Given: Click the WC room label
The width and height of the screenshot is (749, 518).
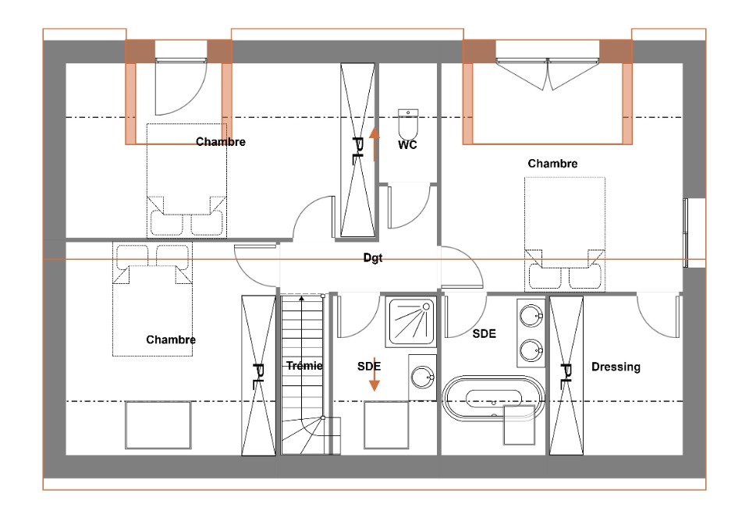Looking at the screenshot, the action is click(x=407, y=144).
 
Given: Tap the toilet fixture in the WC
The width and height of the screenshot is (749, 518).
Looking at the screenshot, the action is click(x=408, y=124).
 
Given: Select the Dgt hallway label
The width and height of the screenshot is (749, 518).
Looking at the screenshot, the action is click(x=373, y=257).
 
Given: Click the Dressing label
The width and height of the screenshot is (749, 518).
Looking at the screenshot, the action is click(x=616, y=367).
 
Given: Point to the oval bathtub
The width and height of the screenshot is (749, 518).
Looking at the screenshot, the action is click(x=493, y=398).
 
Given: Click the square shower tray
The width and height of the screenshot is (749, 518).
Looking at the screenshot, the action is click(x=411, y=321).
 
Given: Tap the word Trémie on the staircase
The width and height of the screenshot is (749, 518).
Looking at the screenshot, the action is click(x=304, y=366).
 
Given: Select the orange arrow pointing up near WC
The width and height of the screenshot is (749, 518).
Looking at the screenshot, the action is click(x=374, y=144).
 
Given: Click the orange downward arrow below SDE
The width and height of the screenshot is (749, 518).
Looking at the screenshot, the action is click(x=374, y=374).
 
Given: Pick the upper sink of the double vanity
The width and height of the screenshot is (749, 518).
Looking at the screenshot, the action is click(x=531, y=316).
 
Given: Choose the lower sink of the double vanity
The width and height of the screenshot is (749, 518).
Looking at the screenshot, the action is click(x=531, y=351).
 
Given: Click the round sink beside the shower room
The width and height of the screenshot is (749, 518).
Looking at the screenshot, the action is click(x=422, y=377).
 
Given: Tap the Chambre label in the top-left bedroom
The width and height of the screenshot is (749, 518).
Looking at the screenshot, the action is click(x=221, y=142).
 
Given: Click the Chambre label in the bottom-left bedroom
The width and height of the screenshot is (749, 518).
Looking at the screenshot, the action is click(x=171, y=339).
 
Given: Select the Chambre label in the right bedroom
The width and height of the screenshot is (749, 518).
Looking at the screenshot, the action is click(x=552, y=163).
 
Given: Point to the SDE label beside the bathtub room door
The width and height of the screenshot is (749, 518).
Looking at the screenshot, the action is click(x=485, y=334).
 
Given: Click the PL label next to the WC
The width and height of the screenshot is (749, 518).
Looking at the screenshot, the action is click(x=357, y=151).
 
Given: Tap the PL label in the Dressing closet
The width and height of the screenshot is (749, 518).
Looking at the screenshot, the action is click(x=566, y=374).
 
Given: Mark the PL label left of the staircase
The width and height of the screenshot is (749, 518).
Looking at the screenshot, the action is click(x=258, y=377).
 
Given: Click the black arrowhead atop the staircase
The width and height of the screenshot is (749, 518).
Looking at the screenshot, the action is click(x=301, y=298).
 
